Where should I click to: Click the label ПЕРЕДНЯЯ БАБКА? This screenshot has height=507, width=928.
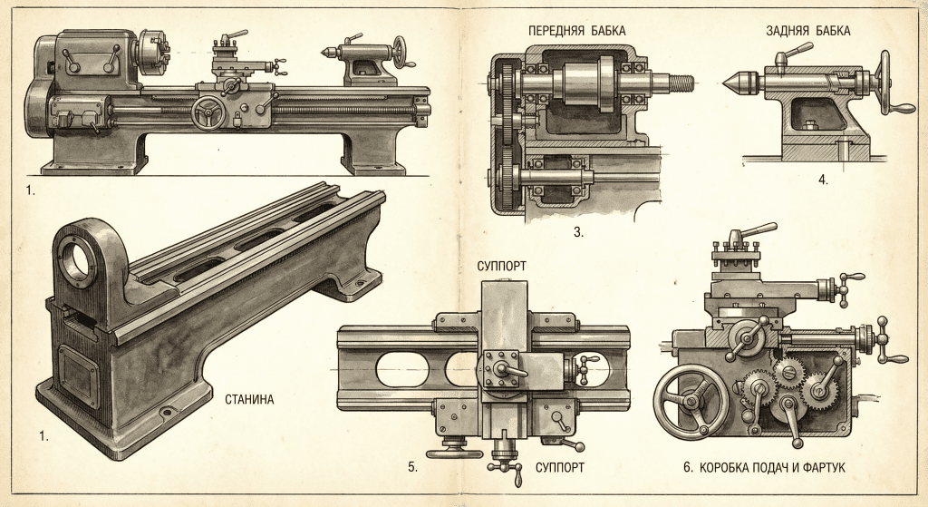click(576, 31)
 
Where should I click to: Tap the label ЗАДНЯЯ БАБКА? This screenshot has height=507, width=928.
click(807, 31)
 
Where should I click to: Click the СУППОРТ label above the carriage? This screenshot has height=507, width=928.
click(504, 267)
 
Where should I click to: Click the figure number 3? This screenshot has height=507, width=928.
click(577, 232)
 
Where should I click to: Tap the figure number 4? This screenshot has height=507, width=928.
click(823, 180)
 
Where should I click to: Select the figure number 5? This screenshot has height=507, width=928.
click(412, 468)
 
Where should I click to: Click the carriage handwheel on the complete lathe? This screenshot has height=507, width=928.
click(208, 112)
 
